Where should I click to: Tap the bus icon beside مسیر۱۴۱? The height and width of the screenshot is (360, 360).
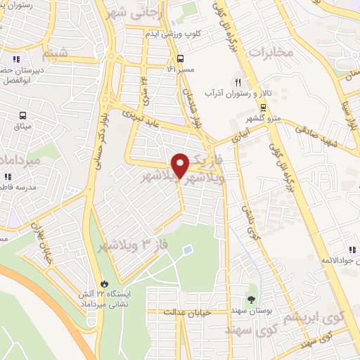tap(181, 59)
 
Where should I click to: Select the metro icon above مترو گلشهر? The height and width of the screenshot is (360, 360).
tap(263, 108)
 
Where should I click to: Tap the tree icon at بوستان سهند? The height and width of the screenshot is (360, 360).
tap(252, 300)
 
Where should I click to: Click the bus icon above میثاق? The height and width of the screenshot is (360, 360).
tap(24, 115)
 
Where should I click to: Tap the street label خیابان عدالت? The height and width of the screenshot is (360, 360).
tap(186, 311)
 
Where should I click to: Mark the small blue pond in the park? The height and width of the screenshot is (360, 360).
tap(187, 250)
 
